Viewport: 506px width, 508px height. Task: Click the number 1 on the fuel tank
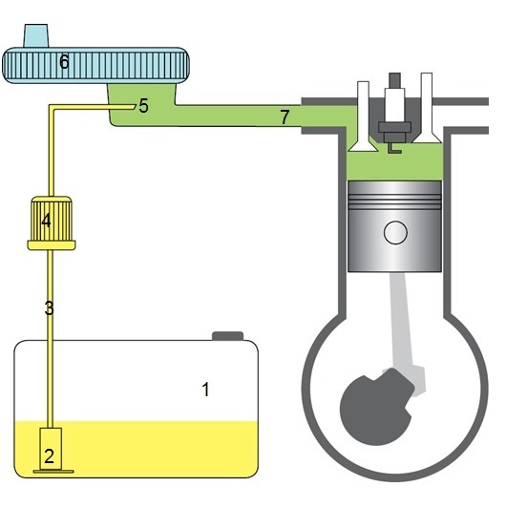[x=205, y=389]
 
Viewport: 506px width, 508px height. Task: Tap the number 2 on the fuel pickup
[x=49, y=456]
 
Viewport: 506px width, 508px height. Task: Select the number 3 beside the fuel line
[x=49, y=308]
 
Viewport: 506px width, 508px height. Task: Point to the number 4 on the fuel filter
[x=47, y=221]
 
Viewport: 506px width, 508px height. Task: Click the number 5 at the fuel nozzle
[x=143, y=106]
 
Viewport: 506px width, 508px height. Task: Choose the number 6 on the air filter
[x=64, y=61]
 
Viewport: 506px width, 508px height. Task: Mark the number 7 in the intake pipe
[x=285, y=116]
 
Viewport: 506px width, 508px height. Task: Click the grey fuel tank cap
[x=228, y=336]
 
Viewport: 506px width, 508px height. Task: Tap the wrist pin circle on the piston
[x=395, y=232]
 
